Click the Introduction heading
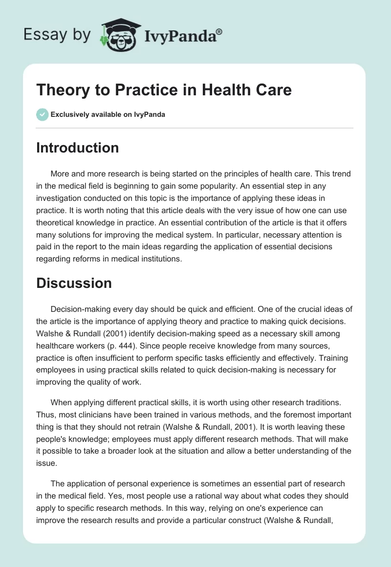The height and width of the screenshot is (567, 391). pyautogui.click(x=77, y=148)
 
